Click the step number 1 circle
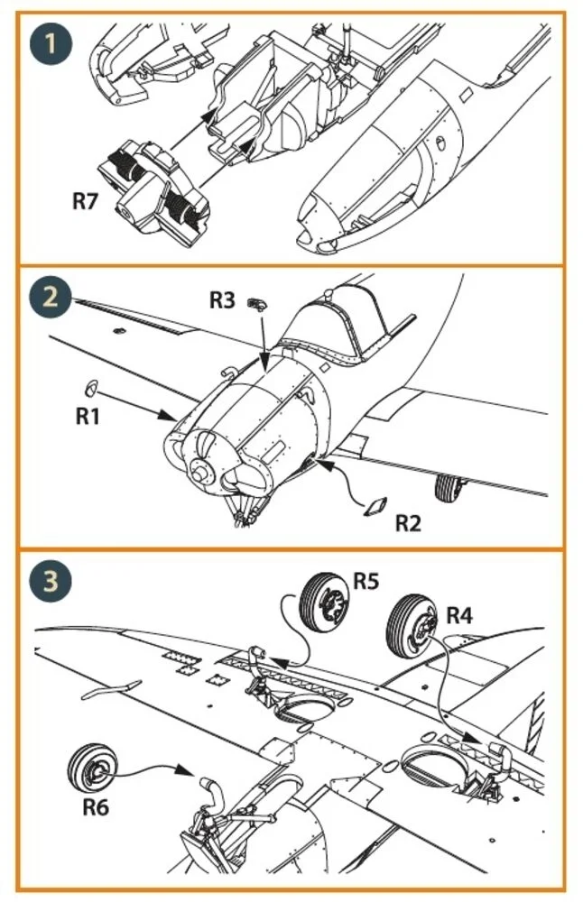coord(51,43)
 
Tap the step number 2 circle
coord(51,298)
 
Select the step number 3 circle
coord(51,580)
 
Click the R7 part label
coord(85,201)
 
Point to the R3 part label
coord(222,299)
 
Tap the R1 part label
coord(88,416)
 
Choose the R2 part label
coord(408,523)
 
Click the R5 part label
coord(366,581)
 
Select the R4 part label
coord(459,615)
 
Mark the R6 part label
coord(96,807)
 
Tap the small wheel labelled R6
coord(93,769)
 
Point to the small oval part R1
coord(91,388)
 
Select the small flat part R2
coord(375,506)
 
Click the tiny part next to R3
coord(257,303)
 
